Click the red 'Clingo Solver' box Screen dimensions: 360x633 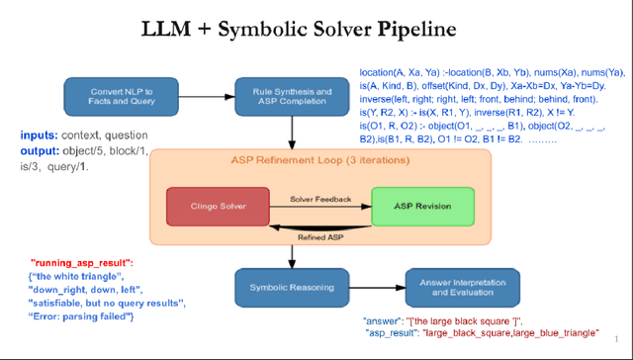(218, 207)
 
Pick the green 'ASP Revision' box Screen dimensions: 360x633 (415, 207)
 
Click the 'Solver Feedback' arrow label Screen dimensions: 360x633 (319, 199)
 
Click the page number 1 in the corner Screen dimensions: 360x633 (615, 338)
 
